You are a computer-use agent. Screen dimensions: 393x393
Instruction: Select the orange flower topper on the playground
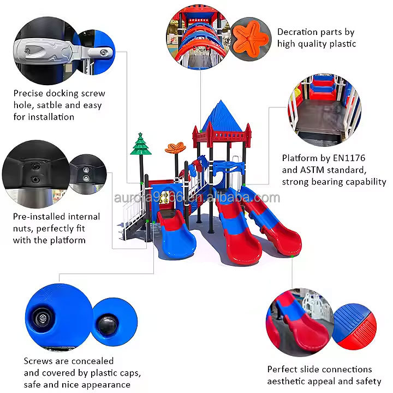[x=175, y=148]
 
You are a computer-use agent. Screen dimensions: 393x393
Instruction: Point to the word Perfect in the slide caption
[x=283, y=370]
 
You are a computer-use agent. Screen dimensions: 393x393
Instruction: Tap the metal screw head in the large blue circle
[x=42, y=316]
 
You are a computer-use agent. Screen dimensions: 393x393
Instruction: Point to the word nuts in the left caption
[x=24, y=228]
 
